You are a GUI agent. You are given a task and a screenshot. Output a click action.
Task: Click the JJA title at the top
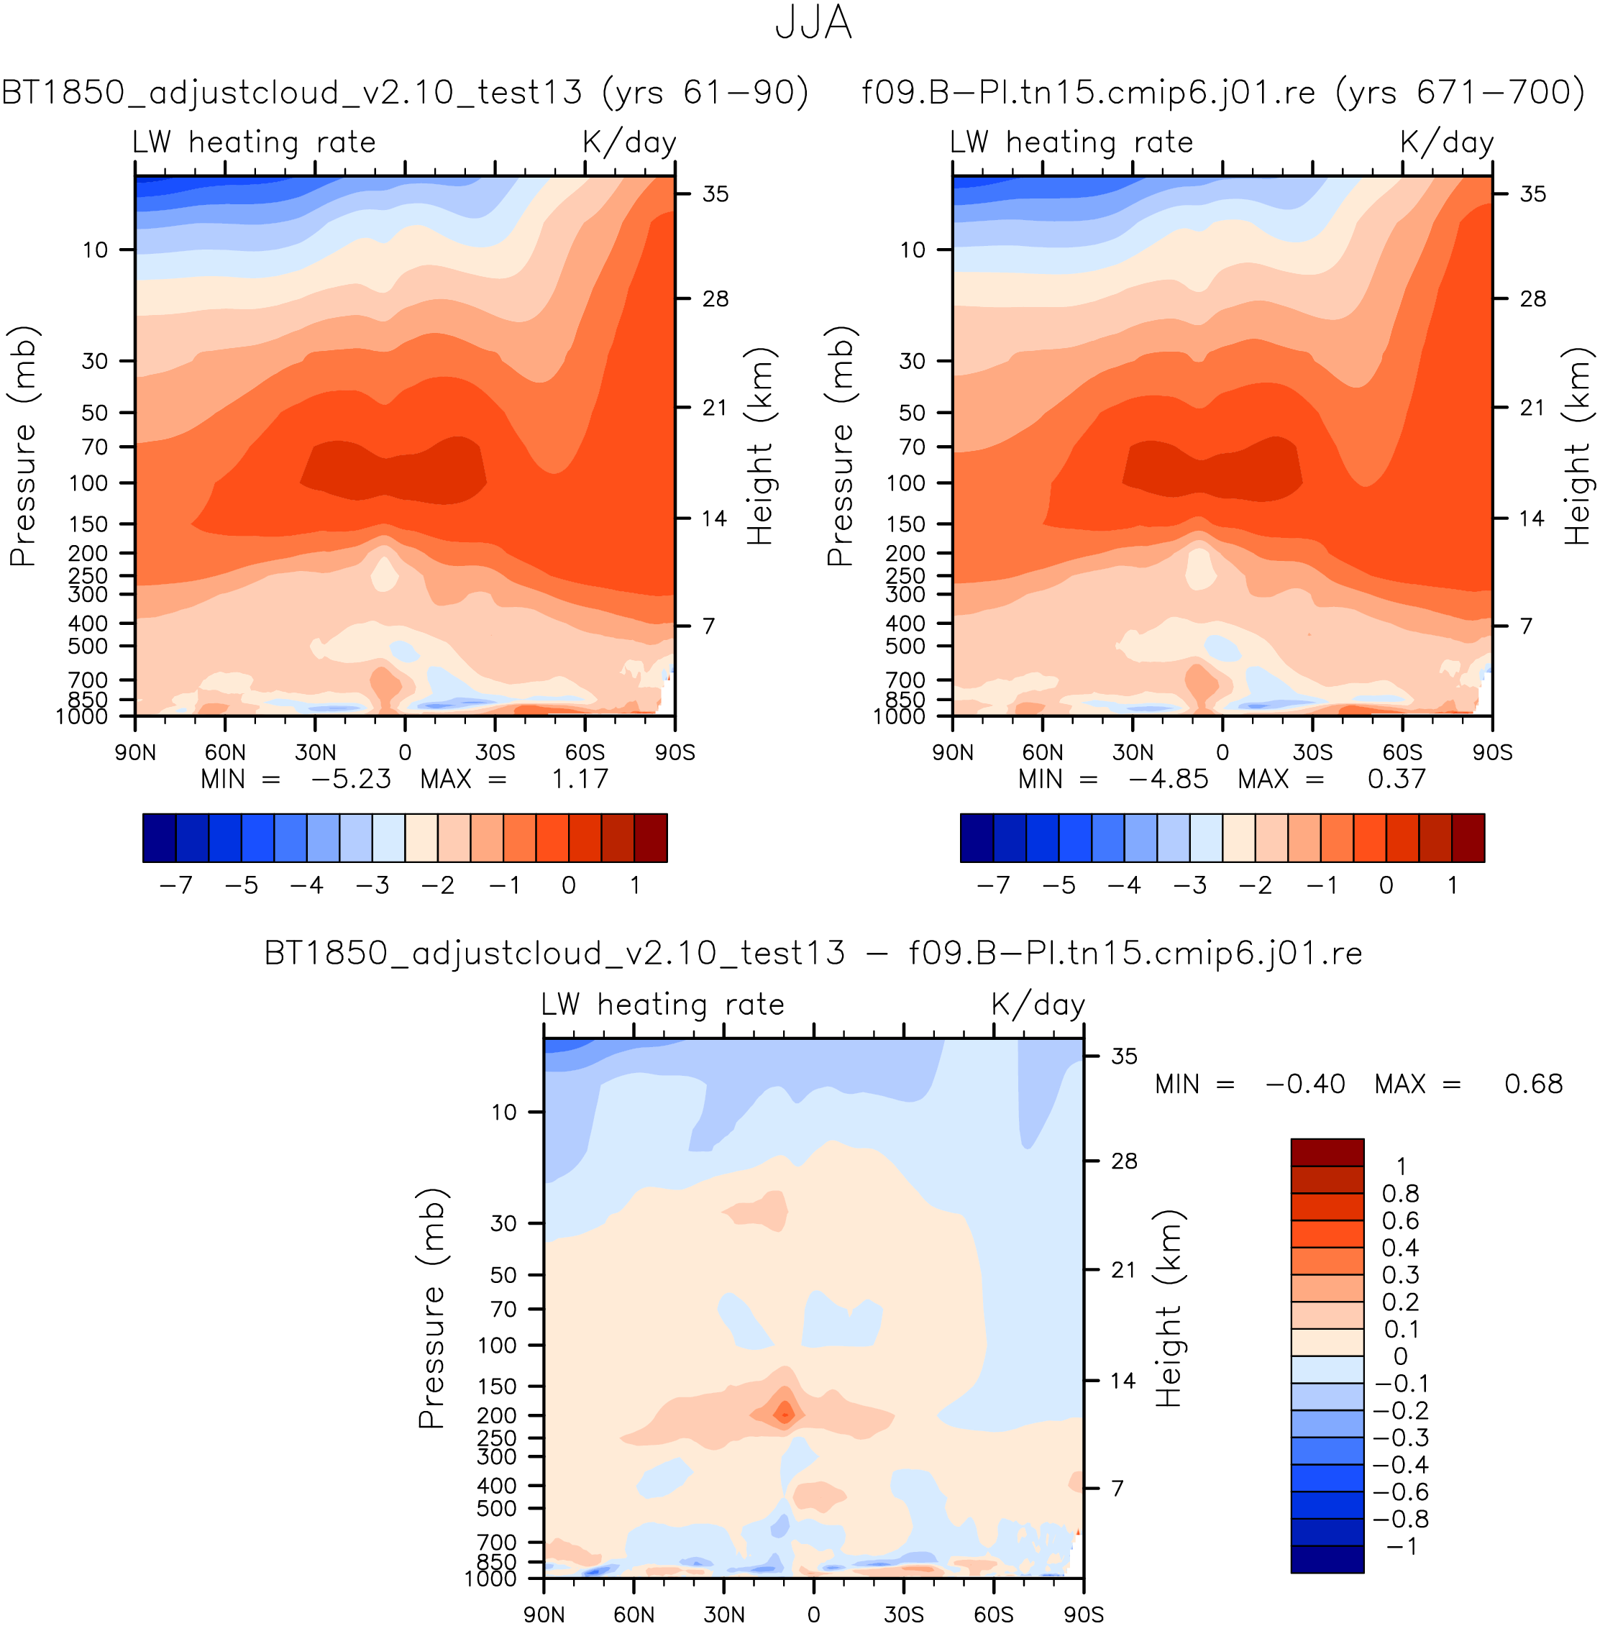pos(813,24)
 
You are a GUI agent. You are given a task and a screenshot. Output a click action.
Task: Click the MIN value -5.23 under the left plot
pos(350,779)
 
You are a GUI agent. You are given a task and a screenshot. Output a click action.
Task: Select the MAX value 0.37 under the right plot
pos(1396,779)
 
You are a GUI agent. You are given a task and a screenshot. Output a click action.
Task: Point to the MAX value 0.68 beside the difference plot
pos(1533,1084)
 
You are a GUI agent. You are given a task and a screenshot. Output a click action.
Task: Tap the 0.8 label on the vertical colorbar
pos(1400,1193)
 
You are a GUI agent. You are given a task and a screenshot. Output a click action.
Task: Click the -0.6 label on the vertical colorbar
pos(1400,1492)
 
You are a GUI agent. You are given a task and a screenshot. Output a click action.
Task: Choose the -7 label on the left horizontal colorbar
pos(175,885)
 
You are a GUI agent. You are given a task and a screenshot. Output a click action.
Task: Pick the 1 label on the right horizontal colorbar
pos(1452,885)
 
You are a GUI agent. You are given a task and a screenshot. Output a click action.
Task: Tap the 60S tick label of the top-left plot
pos(585,752)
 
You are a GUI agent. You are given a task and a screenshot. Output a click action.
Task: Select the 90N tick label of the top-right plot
pos(953,752)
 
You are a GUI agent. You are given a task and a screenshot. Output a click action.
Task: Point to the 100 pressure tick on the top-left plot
pos(94,483)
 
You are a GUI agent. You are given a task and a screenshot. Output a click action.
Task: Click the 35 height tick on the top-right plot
pos(1533,194)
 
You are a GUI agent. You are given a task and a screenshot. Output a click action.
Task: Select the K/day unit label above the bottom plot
pos(1038,1005)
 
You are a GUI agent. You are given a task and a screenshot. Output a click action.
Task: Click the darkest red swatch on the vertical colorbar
pos(1327,1152)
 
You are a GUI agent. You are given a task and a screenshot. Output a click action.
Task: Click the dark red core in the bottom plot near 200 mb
pos(785,1415)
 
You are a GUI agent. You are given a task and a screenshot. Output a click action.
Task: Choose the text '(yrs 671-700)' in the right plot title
pos(1459,91)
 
